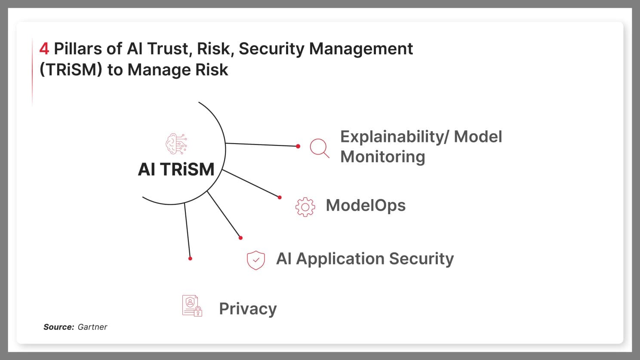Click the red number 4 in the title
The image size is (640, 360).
44,49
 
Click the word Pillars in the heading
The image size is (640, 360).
78,49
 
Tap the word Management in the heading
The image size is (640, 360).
361,49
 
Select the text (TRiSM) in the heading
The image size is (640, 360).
71,70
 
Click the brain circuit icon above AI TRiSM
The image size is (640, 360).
176,144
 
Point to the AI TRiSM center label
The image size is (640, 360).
176,169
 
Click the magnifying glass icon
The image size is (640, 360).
320,148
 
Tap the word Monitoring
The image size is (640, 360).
382,157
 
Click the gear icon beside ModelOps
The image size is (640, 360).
305,207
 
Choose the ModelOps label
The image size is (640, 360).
366,205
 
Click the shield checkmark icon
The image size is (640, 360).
256,260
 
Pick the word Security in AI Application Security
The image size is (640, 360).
422,259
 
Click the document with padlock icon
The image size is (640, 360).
192,306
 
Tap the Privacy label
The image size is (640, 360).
248,309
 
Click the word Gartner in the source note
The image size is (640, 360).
92,327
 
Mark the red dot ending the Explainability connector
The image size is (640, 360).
298,146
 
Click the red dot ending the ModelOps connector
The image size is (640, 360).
280,197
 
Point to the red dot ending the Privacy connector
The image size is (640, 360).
190,258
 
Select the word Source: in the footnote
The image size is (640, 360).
59,327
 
